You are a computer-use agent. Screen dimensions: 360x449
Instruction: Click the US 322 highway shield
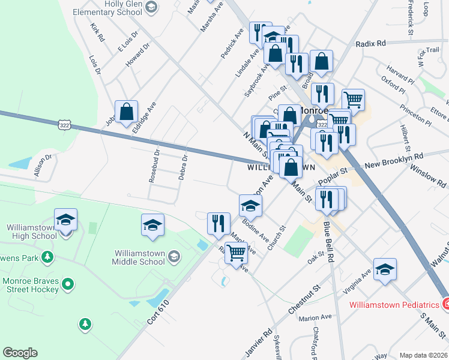[x=64, y=125]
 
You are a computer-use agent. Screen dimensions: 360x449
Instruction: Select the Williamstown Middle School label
[x=139, y=257]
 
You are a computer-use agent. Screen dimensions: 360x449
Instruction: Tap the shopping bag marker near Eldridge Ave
[x=127, y=112]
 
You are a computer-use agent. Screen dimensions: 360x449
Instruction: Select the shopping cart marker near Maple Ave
[x=237, y=253]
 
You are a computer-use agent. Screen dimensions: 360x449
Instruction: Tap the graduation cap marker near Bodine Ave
[x=250, y=206]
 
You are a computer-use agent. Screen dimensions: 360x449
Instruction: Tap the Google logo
[x=20, y=353]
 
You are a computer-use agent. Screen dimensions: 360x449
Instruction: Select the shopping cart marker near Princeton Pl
[x=353, y=100]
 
